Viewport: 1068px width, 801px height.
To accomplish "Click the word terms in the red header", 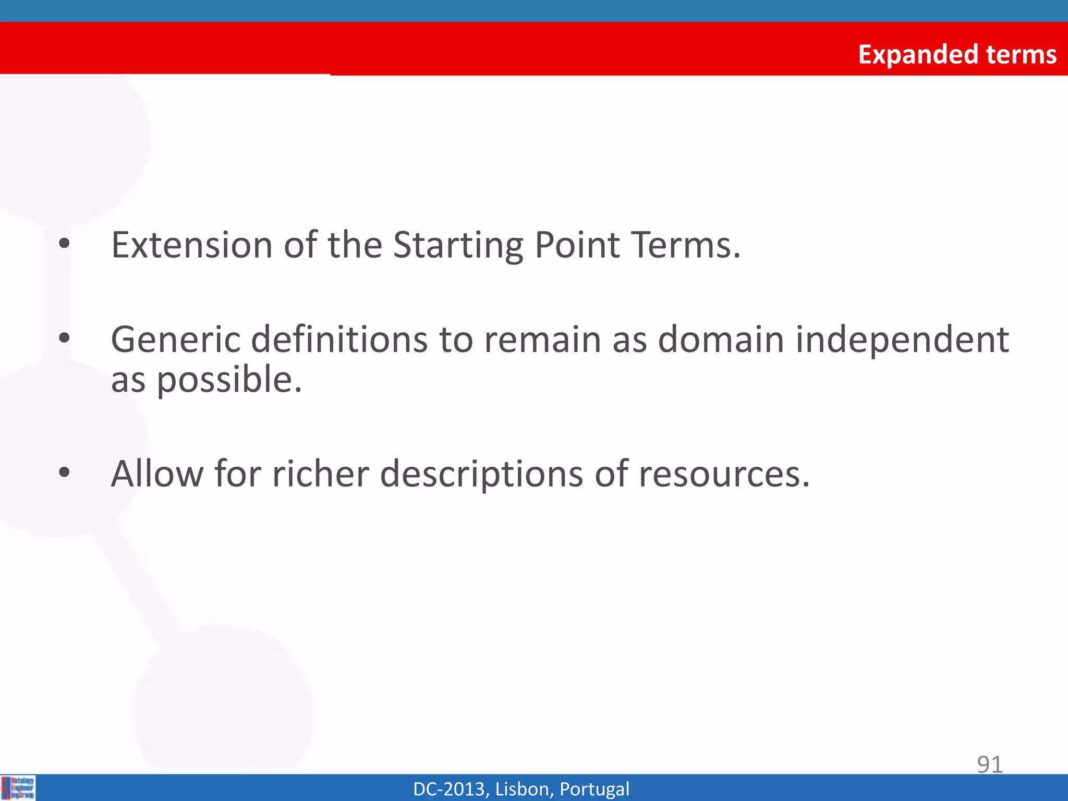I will pyautogui.click(x=1021, y=55).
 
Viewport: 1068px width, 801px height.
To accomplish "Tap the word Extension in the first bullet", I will pyautogui.click(x=191, y=245).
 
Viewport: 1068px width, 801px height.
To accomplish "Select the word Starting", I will pyautogui.click(x=458, y=246).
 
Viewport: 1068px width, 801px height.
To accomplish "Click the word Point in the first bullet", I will pyautogui.click(x=577, y=245).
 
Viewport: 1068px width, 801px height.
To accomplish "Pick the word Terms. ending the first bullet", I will pyautogui.click(x=685, y=245).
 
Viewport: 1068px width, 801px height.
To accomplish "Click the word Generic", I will pyautogui.click(x=175, y=339).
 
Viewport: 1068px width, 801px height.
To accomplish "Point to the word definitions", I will pyautogui.click(x=339, y=339).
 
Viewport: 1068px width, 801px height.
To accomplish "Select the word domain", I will pyautogui.click(x=721, y=339).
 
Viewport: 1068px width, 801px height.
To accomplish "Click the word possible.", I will pyautogui.click(x=229, y=380).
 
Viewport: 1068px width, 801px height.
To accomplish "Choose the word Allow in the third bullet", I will pyautogui.click(x=157, y=474).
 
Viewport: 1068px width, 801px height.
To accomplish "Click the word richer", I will pyautogui.click(x=321, y=474).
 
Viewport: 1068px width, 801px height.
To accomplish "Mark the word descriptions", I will pyautogui.click(x=481, y=475).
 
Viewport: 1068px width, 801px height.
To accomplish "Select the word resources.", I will pyautogui.click(x=724, y=475).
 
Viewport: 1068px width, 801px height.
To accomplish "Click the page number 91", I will pyautogui.click(x=990, y=764).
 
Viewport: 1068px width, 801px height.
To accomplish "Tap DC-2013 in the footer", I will pyautogui.click(x=449, y=789).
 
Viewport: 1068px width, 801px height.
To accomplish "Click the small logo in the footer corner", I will pyautogui.click(x=18, y=788).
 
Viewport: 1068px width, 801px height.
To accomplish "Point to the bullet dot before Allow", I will pyautogui.click(x=64, y=472).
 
